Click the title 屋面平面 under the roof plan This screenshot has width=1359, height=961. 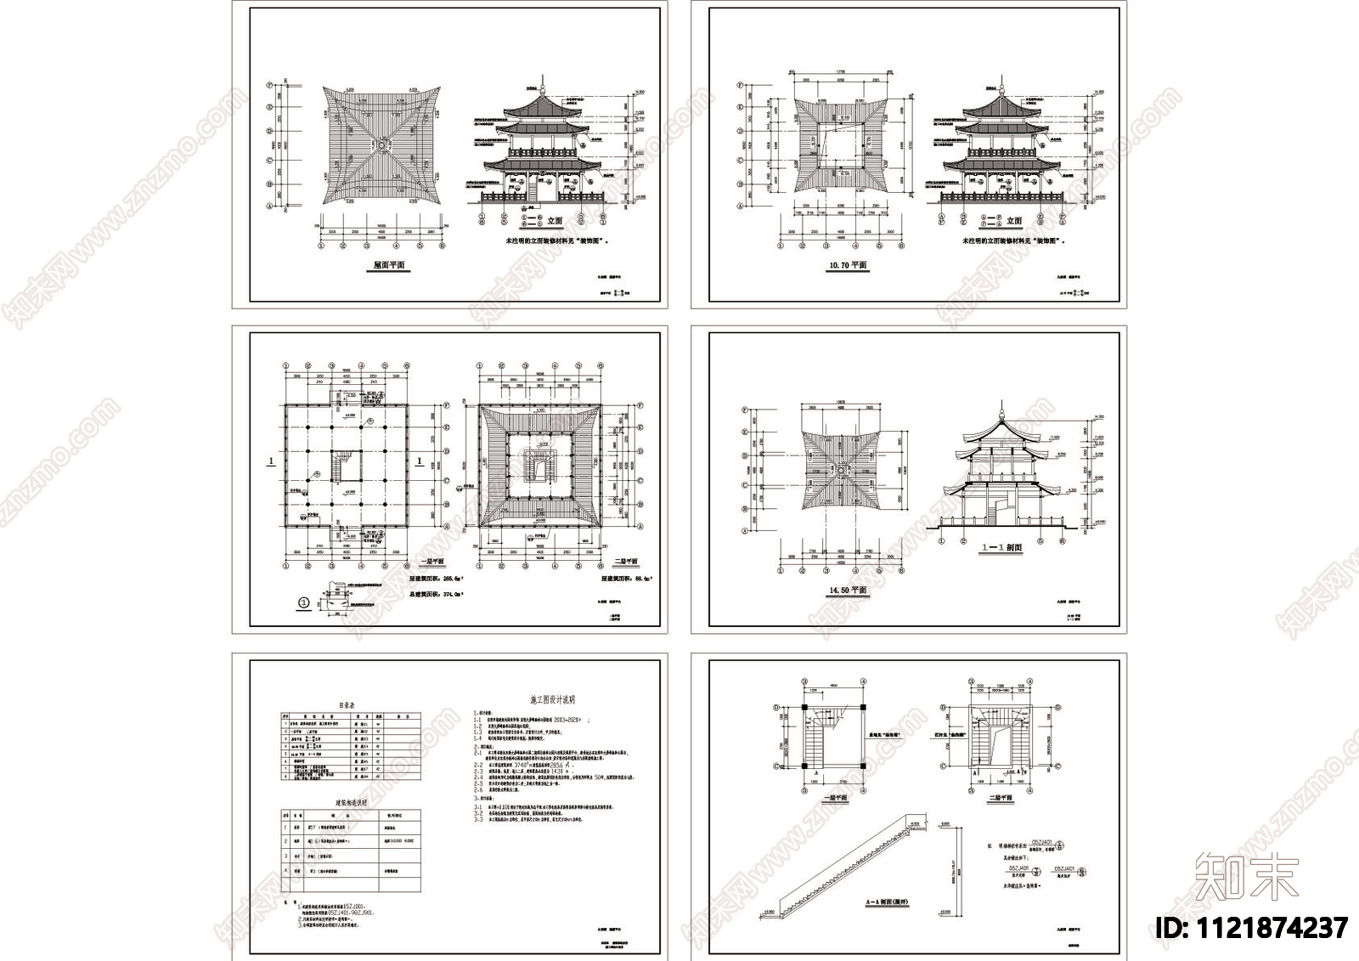[389, 265]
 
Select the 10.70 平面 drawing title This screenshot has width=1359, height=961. [848, 265]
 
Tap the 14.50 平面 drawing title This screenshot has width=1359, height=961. [848, 590]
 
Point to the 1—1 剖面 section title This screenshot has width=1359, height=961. [1002, 548]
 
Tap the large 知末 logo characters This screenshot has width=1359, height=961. [1246, 876]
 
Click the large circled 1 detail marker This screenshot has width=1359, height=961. [303, 604]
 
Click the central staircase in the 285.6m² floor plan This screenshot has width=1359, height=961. [345, 466]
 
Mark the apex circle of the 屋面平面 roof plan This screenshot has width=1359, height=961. [381, 145]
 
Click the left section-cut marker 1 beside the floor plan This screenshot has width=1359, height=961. [271, 461]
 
